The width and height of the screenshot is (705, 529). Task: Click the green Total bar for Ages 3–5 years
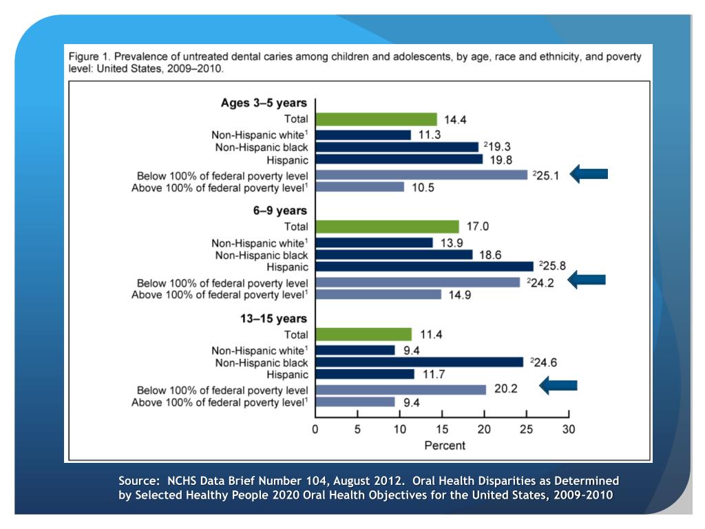pos(376,119)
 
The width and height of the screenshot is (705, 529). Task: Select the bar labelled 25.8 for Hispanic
pos(424,266)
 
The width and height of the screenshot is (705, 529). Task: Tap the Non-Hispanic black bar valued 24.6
pos(419,362)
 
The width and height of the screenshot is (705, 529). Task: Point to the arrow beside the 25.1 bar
pos(589,174)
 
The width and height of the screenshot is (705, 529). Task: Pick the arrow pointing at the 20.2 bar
pos(558,386)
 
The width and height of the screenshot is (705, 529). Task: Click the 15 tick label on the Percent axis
pos(442,429)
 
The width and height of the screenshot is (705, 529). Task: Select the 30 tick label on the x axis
pos(568,429)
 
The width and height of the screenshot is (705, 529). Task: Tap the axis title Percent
pos(444,445)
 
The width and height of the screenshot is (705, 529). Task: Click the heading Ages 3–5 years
pos(264,103)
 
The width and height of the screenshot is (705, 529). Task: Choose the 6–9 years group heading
pos(280,211)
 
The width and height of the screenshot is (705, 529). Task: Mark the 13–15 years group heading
pos(274,319)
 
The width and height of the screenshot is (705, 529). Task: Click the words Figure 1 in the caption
pos(89,56)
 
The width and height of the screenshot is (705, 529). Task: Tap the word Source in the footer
pos(138,481)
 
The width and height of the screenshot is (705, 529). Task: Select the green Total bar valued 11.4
pos(364,334)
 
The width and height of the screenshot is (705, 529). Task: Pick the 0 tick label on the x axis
pos(315,429)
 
